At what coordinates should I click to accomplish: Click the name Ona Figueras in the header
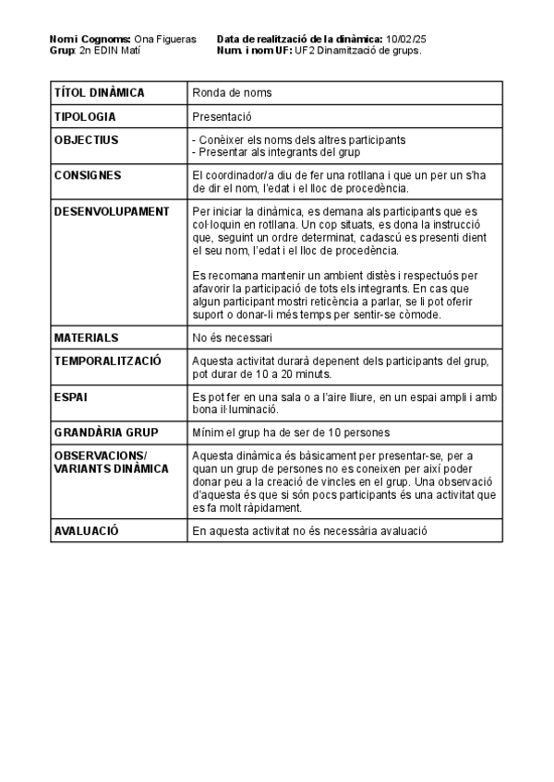coord(165,39)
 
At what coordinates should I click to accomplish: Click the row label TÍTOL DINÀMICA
coord(100,92)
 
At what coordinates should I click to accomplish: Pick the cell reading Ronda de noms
coord(232,92)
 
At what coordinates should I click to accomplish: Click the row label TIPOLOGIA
coord(85,116)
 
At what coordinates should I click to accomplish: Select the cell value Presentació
coord(222,116)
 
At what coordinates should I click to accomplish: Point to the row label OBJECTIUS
coord(86,140)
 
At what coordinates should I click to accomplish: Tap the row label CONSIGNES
coord(88,175)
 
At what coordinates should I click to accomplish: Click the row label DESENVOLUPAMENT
coord(112,211)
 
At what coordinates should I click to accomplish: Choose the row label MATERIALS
coord(86,338)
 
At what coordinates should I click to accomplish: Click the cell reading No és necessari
coord(232,338)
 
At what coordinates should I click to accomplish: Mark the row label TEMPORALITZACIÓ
coord(108,361)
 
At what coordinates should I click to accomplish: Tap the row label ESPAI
coord(72,397)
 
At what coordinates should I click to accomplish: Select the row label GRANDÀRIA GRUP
coord(106,432)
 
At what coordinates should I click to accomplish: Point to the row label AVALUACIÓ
coord(87,530)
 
